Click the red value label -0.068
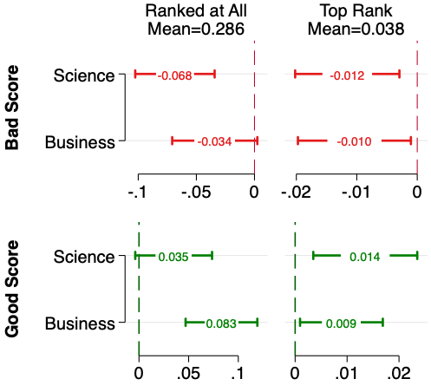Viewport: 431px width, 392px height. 174,75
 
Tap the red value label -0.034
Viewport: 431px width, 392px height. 214,141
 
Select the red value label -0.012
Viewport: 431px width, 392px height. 347,75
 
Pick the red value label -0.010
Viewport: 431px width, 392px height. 354,141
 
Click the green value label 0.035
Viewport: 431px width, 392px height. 173,257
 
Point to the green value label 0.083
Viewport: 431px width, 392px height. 221,323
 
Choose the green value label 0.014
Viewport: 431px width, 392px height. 365,257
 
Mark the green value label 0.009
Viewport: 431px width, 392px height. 341,323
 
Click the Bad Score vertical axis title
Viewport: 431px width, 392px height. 13,107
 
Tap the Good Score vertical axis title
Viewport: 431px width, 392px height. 13,290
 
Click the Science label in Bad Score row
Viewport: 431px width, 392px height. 83,75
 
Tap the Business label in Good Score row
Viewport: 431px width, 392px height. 80,323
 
